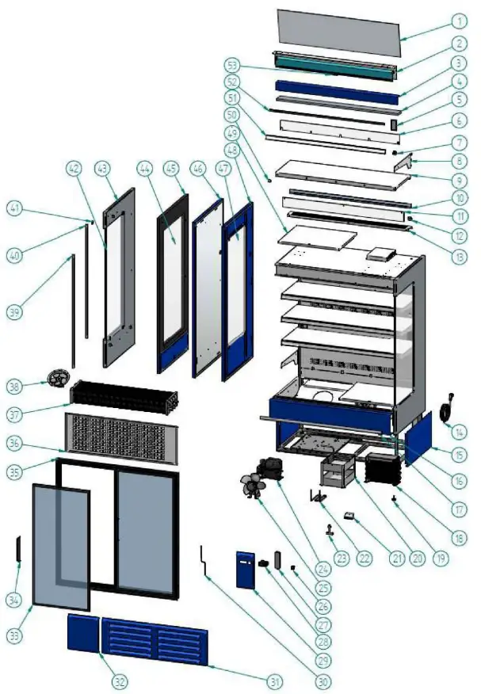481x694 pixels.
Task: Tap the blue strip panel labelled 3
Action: point(336,92)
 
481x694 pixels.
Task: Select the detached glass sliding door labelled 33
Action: point(60,547)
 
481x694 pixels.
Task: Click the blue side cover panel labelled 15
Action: point(418,438)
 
